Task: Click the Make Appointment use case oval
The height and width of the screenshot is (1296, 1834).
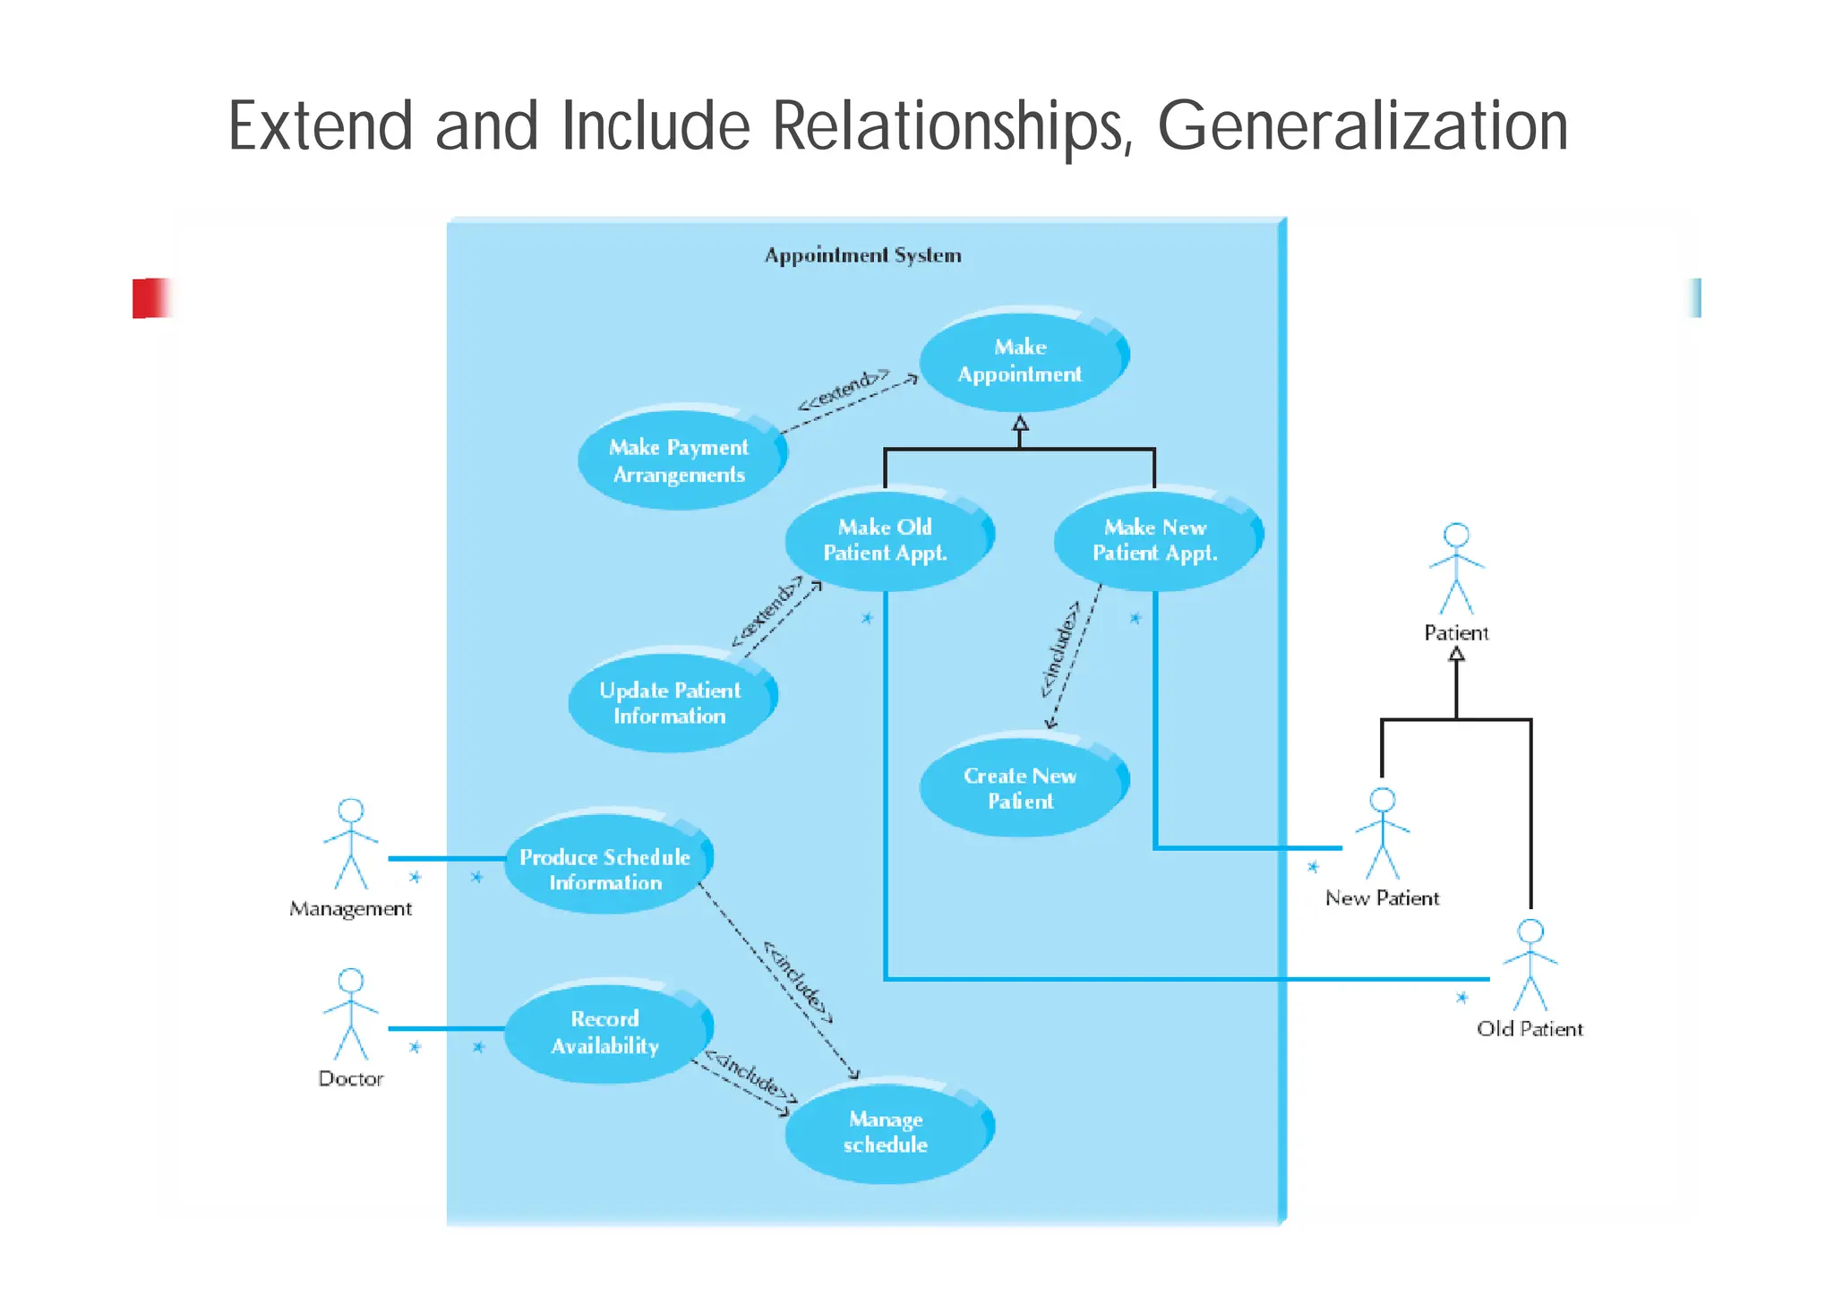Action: (1020, 360)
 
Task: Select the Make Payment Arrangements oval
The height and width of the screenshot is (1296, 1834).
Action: (679, 460)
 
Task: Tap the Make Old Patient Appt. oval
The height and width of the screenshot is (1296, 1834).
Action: (885, 540)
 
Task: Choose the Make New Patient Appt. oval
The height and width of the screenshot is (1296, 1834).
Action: (1154, 540)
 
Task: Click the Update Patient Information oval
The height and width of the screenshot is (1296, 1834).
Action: (670, 702)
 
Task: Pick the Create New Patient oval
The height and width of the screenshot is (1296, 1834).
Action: (1020, 788)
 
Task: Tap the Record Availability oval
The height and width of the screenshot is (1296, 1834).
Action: (605, 1032)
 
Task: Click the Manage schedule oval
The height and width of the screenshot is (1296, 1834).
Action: (885, 1132)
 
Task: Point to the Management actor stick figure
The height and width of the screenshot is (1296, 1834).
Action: (351, 844)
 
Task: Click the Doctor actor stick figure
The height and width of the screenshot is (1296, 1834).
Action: (351, 1014)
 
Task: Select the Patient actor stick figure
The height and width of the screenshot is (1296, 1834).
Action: (1456, 569)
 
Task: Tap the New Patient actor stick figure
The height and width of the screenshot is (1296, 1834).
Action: (1382, 833)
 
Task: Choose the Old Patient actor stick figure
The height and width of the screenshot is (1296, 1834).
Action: (1530, 965)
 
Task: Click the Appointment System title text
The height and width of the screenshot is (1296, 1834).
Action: (862, 256)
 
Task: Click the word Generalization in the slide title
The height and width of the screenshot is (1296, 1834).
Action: (1362, 126)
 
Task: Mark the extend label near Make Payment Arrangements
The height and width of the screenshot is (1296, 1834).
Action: (843, 391)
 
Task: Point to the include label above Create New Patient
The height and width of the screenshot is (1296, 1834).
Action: (1060, 649)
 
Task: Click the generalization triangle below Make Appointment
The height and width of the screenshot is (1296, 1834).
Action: (1020, 424)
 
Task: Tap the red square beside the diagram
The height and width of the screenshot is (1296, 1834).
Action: (150, 298)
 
